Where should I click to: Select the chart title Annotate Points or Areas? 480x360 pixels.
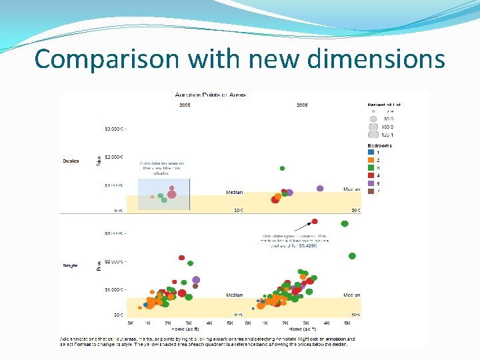(210, 95)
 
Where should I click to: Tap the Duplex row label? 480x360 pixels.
(71, 161)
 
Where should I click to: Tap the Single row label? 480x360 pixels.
(70, 265)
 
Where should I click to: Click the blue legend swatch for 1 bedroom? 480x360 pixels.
(370, 153)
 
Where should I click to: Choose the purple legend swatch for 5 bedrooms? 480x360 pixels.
(370, 183)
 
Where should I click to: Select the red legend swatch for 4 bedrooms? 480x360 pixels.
(370, 175)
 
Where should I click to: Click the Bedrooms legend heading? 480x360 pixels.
(379, 145)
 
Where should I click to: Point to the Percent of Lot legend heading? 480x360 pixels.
(384, 105)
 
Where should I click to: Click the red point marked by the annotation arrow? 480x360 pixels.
(315, 221)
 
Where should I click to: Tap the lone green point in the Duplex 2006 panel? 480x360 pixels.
(282, 169)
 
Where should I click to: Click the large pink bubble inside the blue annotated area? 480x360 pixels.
(171, 194)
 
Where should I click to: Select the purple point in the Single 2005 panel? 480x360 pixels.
(196, 280)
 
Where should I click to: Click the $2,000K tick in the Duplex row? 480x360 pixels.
(113, 157)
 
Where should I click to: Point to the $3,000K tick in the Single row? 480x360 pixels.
(113, 233)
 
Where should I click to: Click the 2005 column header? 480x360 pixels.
(185, 105)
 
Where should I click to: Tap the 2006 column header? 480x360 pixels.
(302, 105)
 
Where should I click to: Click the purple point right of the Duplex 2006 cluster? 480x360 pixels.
(320, 189)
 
